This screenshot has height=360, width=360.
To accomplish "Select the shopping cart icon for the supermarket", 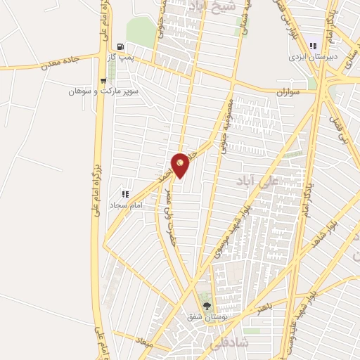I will click(103, 80).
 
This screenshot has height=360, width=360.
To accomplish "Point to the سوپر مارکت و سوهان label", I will click(103, 92).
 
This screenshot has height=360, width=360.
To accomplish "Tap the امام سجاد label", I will click(127, 205).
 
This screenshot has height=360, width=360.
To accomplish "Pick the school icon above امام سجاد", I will click(126, 193).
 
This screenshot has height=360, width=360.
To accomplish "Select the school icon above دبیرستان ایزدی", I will click(313, 45).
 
